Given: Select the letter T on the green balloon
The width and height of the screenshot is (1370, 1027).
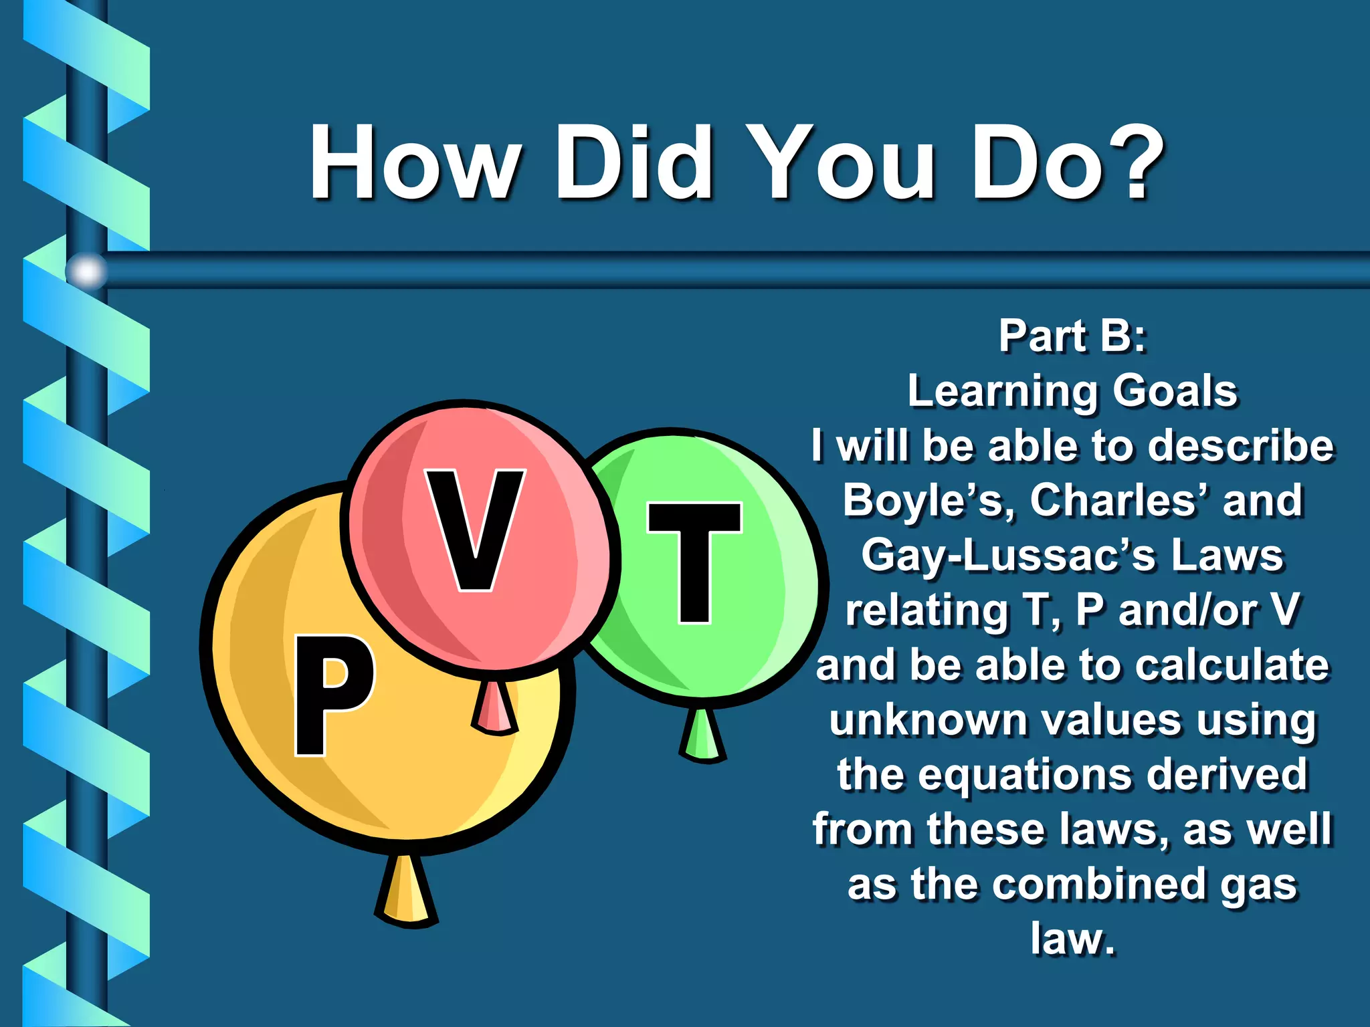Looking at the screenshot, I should click(x=694, y=562).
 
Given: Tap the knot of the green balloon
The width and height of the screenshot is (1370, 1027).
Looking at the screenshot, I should click(x=702, y=735).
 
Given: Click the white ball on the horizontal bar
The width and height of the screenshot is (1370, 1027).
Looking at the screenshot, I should click(x=87, y=271).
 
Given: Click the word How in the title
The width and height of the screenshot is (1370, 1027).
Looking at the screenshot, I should click(x=415, y=163).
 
